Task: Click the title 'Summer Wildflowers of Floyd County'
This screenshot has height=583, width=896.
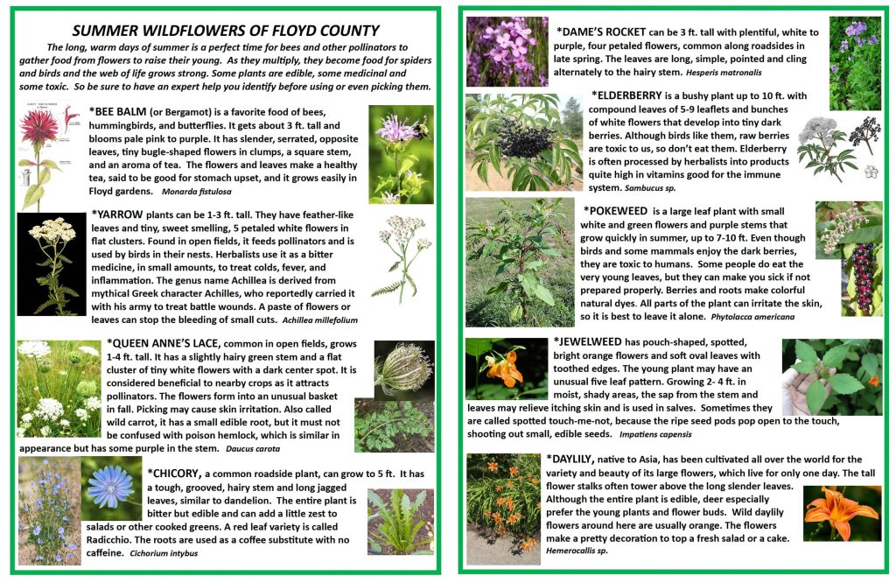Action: [x=226, y=31]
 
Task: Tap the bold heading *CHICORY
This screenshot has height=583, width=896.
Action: [x=173, y=474]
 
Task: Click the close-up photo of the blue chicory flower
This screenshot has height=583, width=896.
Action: [x=112, y=486]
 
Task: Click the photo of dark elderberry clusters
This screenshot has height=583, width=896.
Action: [x=523, y=142]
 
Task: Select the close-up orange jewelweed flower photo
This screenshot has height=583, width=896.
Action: [x=506, y=368]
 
